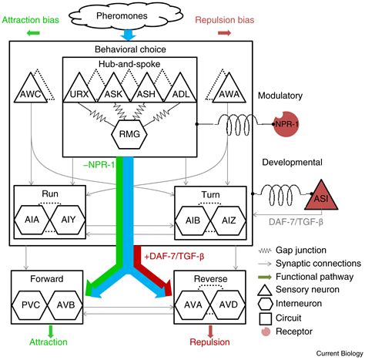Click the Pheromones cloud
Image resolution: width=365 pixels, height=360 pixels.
[128, 15]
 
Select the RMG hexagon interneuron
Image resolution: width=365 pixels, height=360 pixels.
[129, 136]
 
